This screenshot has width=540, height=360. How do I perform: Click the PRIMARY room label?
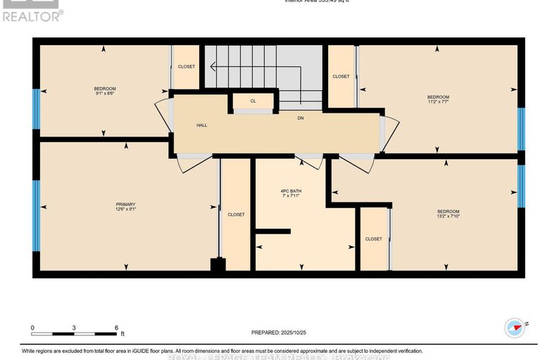[125, 204]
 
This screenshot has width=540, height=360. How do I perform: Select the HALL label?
[201, 125]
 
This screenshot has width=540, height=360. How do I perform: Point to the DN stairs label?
[299, 118]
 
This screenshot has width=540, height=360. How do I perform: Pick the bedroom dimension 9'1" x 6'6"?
[105, 94]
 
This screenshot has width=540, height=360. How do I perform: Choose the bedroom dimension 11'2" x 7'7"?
[437, 102]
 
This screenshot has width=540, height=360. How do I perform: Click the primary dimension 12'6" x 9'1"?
[125, 209]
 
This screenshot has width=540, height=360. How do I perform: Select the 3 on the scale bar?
[74, 328]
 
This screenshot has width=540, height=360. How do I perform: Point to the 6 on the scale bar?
[116, 328]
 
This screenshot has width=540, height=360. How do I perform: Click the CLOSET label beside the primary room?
[236, 214]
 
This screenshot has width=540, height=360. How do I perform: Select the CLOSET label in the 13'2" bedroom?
[373, 239]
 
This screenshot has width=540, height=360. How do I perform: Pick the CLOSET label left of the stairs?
[187, 67]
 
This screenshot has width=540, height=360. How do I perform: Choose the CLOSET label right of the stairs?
[341, 76]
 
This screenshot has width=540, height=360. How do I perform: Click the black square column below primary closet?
[218, 265]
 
